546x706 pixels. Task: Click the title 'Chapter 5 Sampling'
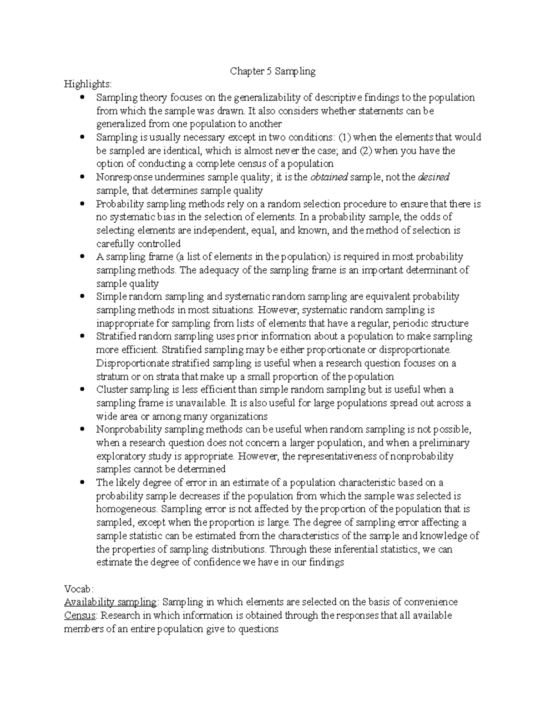point(273,71)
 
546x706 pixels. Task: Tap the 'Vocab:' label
point(79,589)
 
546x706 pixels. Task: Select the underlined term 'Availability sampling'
point(110,602)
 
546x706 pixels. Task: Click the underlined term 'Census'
point(80,616)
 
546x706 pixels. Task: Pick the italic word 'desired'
point(433,177)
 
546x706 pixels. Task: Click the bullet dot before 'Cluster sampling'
point(82,390)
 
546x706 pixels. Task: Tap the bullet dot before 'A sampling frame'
point(82,257)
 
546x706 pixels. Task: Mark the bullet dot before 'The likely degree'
point(82,483)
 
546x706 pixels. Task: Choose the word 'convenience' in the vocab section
point(432,602)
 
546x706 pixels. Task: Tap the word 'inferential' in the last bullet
point(356,549)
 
